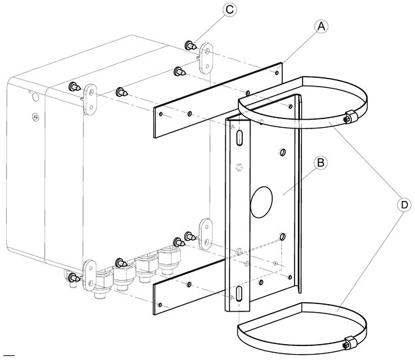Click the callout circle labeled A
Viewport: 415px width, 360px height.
tap(321, 27)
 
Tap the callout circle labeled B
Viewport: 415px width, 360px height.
tap(321, 163)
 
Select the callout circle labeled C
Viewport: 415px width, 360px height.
tap(229, 10)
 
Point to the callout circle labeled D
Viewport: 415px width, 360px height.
tap(404, 205)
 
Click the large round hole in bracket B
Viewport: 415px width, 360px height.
tap(261, 202)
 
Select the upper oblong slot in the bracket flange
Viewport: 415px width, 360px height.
tap(239, 138)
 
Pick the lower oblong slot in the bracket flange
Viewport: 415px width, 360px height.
tap(239, 293)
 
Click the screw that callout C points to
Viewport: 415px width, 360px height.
tap(190, 45)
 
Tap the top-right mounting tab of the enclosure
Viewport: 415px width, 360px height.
tap(206, 59)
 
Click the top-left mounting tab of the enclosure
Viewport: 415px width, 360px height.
tap(90, 99)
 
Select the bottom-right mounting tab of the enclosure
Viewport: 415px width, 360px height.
tap(206, 234)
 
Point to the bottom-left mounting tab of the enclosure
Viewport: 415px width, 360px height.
tap(90, 275)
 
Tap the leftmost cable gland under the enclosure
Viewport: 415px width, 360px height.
tap(102, 284)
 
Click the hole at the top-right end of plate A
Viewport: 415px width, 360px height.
tap(277, 73)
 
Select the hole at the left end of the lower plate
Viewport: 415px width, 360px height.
tap(160, 305)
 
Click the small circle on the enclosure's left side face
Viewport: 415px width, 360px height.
tap(35, 97)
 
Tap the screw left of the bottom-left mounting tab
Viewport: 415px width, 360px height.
tap(74, 277)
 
